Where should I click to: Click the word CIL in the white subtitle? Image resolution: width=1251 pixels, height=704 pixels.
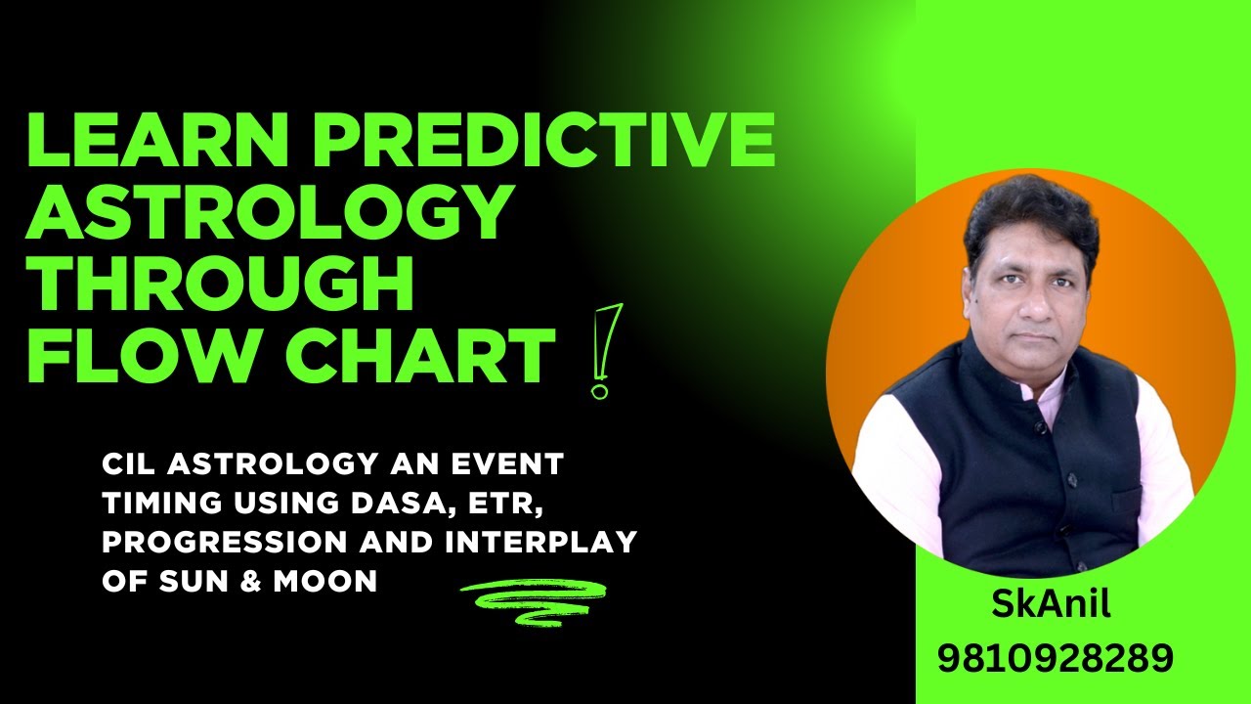point(128,464)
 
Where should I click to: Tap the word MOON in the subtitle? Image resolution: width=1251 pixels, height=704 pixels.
point(328,581)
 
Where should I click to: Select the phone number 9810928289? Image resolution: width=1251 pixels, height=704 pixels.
point(1055,657)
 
